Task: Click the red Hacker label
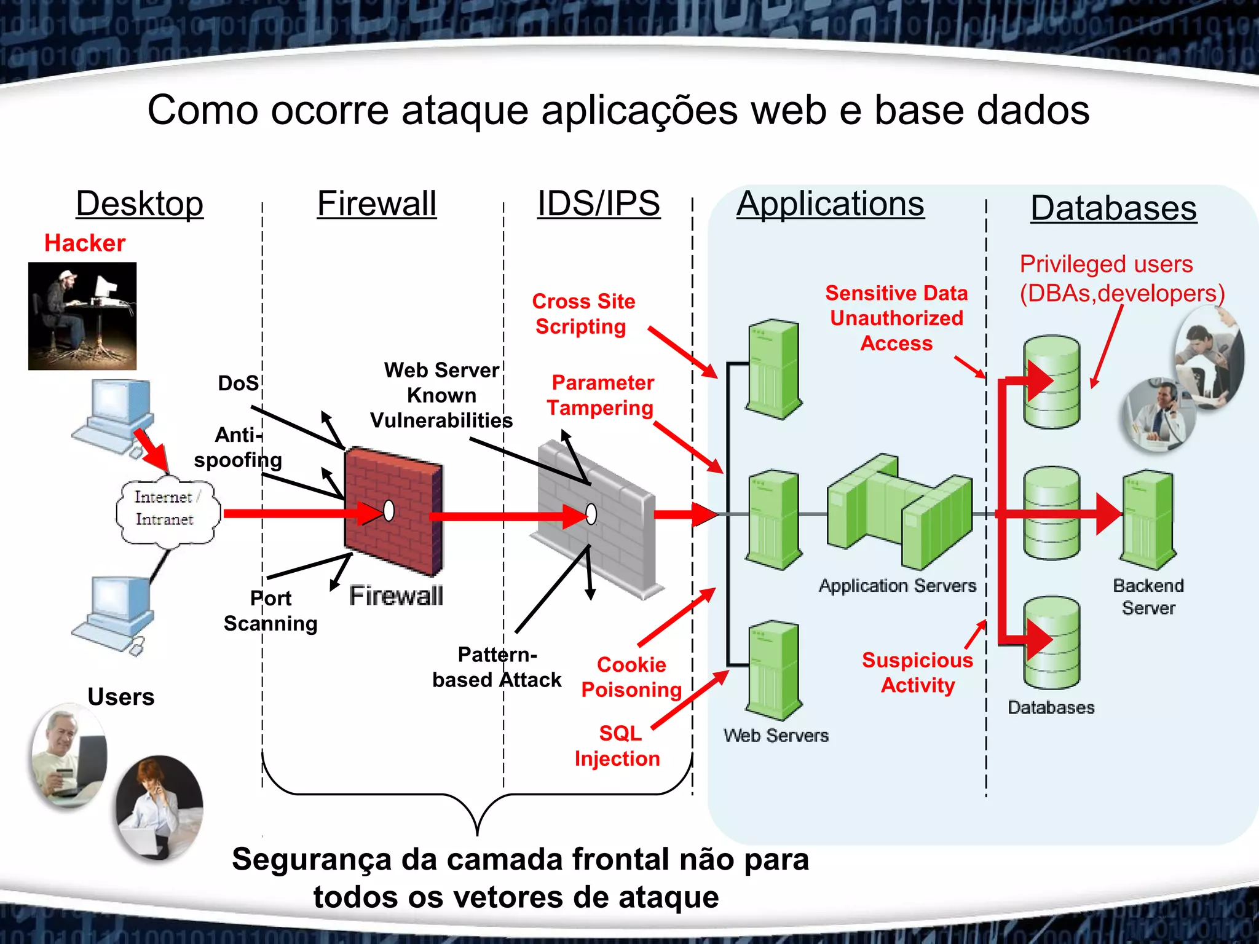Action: pyautogui.click(x=85, y=243)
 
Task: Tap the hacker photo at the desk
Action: pyautogui.click(x=82, y=316)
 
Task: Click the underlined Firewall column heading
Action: pyautogui.click(x=376, y=204)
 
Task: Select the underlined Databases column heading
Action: pyautogui.click(x=1113, y=208)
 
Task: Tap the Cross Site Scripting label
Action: pyautogui.click(x=583, y=314)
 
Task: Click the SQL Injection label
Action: pyautogui.click(x=618, y=745)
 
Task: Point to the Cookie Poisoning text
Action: pyautogui.click(x=631, y=677)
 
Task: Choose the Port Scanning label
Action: pyautogui.click(x=270, y=611)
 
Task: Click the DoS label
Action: pyautogui.click(x=239, y=383)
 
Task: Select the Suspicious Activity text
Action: pyautogui.click(x=917, y=672)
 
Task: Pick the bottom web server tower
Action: pyautogui.click(x=773, y=670)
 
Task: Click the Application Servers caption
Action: pyautogui.click(x=897, y=586)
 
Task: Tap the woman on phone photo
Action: pyautogui.click(x=159, y=806)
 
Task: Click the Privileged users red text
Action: pyautogui.click(x=1106, y=264)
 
